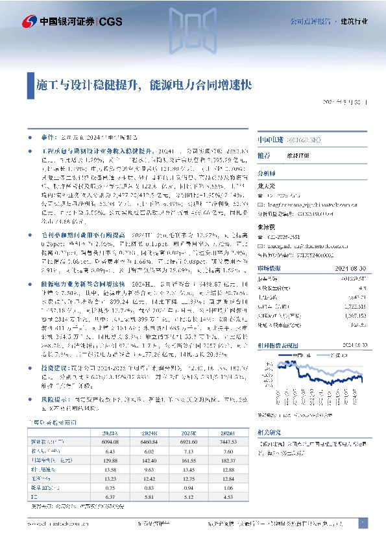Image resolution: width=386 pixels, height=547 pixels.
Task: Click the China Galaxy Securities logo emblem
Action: click(x=28, y=21)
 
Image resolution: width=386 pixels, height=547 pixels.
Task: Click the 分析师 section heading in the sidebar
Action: click(x=267, y=173)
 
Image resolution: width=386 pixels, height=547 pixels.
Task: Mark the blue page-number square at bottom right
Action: click(x=363, y=522)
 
